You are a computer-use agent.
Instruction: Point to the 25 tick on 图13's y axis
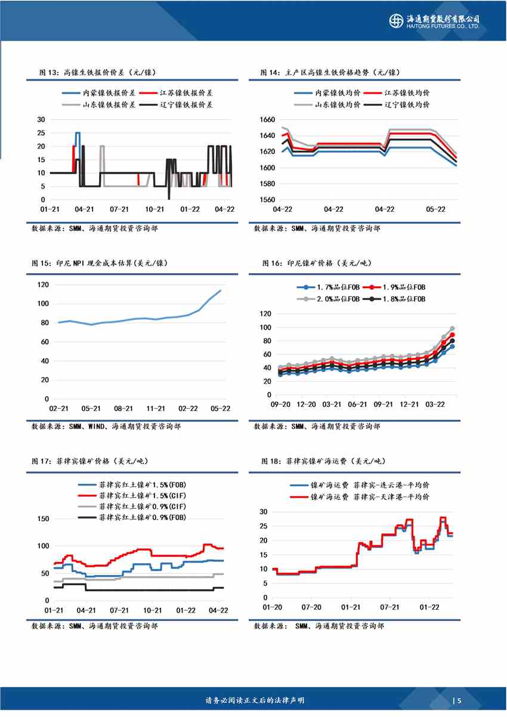click(41, 132)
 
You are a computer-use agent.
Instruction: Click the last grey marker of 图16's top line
click(452, 329)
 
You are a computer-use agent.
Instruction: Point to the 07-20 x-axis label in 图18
click(311, 607)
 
